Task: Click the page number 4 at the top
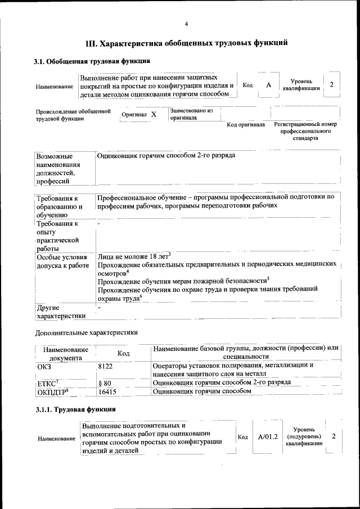pyautogui.click(x=186, y=23)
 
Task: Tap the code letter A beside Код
pyautogui.click(x=268, y=85)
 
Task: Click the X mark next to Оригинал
pyautogui.click(x=154, y=114)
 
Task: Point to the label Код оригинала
pyautogui.click(x=245, y=124)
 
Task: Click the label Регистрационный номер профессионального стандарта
pyautogui.click(x=305, y=131)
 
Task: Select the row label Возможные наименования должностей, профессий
pyautogui.click(x=58, y=168)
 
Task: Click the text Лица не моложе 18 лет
pyautogui.click(x=133, y=256)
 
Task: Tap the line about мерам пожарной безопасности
pyautogui.click(x=183, y=280)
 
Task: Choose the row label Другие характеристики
pyautogui.click(x=60, y=312)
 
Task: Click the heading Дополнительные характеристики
pyautogui.click(x=85, y=333)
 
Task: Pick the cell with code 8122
pyautogui.click(x=106, y=365)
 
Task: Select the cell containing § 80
pyautogui.click(x=104, y=382)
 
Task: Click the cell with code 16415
pyautogui.click(x=107, y=391)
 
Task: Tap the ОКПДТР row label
pyautogui.click(x=53, y=391)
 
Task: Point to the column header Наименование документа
pyautogui.click(x=65, y=353)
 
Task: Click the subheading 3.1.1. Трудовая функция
pyautogui.click(x=76, y=409)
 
